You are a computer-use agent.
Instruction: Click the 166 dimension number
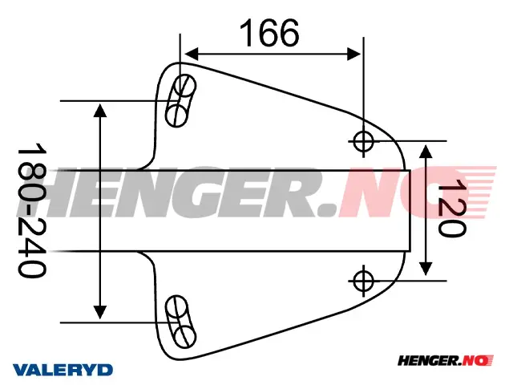pyautogui.click(x=269, y=33)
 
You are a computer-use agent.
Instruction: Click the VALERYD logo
pyautogui.click(x=63, y=370)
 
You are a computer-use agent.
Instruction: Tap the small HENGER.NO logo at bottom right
pyautogui.click(x=446, y=363)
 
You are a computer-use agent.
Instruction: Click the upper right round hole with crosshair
pyautogui.click(x=363, y=141)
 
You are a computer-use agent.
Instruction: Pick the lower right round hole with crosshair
pyautogui.click(x=363, y=280)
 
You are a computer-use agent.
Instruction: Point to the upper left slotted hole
pyautogui.click(x=180, y=99)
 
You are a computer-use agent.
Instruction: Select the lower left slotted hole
pyautogui.click(x=180, y=320)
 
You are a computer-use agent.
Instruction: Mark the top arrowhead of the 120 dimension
pyautogui.click(x=425, y=146)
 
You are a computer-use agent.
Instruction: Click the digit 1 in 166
pyautogui.click(x=244, y=33)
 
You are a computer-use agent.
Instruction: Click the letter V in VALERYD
pyautogui.click(x=18, y=370)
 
